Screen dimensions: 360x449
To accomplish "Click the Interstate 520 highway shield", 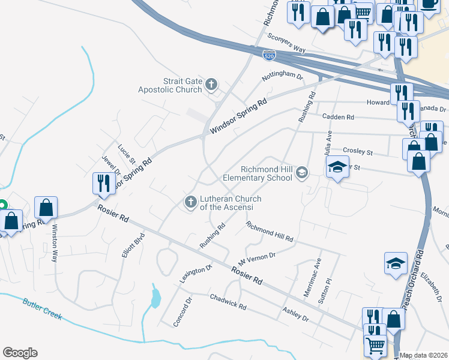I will click(269, 55).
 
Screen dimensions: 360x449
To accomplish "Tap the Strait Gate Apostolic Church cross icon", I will click(211, 85).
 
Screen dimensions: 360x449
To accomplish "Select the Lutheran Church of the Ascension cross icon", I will click(190, 202).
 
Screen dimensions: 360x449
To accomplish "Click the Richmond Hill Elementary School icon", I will click(301, 173).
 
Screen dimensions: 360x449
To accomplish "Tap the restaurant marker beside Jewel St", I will click(101, 183).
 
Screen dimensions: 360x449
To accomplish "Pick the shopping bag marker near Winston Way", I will click(46, 207).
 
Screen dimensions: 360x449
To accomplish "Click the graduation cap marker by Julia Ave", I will click(337, 167).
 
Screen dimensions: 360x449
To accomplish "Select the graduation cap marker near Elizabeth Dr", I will click(396, 263).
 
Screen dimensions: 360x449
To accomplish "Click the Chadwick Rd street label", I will click(228, 302).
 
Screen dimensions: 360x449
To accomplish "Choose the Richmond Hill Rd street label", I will click(270, 232).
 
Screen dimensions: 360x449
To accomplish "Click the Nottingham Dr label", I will click(282, 77).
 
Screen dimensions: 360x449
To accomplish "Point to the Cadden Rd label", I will click(339, 117).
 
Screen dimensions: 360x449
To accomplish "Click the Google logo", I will click(20, 353).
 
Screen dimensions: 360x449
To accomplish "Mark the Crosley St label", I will click(358, 152).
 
